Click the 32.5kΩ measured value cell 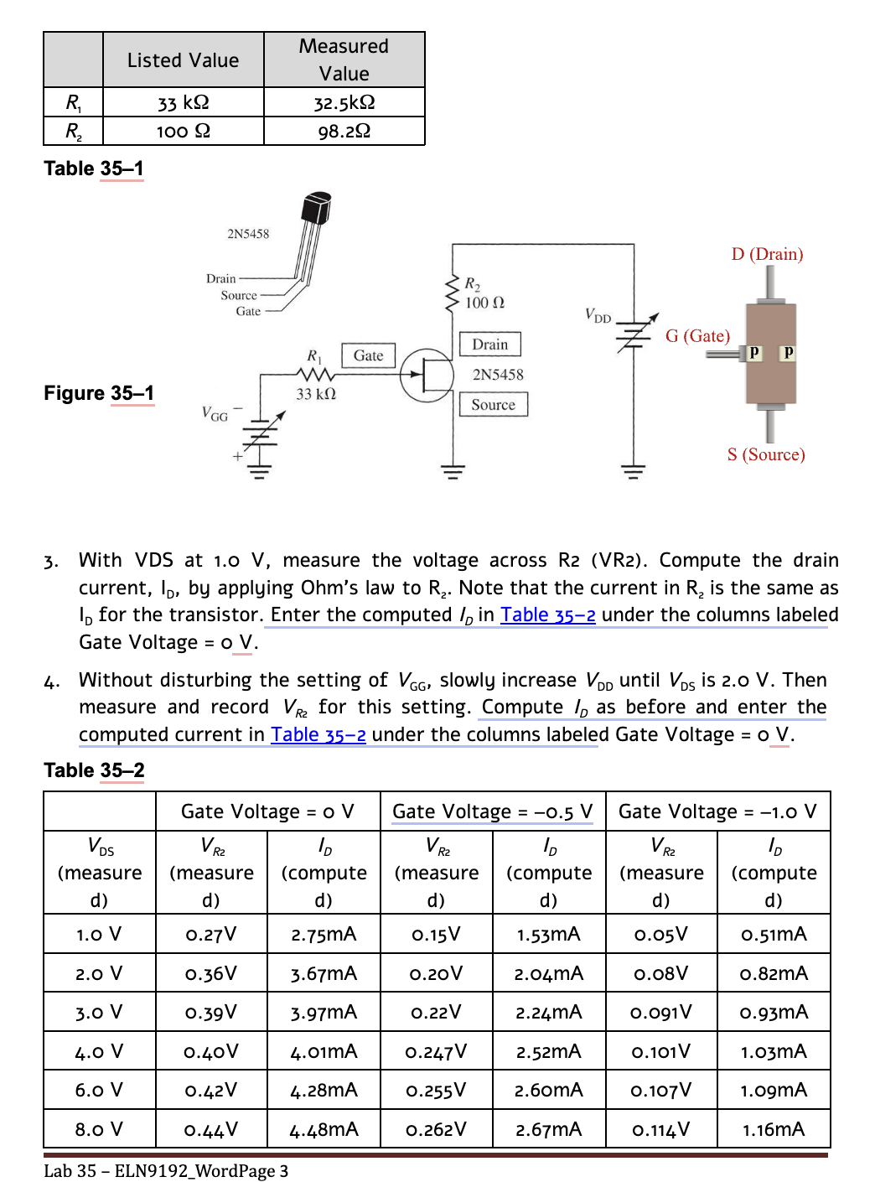(344, 102)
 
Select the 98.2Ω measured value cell (344, 131)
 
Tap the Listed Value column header (183, 60)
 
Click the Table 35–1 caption (94, 168)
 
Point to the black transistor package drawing (316, 210)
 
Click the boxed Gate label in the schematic (368, 355)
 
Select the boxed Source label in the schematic (493, 405)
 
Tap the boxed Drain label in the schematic (489, 345)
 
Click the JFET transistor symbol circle (427, 376)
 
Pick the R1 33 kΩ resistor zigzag (316, 374)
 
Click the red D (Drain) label (767, 254)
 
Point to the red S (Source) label (766, 454)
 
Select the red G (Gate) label (697, 336)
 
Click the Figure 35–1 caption (99, 393)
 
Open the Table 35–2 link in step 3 (548, 615)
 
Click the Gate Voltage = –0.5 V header (493, 811)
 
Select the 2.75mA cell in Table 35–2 (324, 934)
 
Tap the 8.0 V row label (99, 1129)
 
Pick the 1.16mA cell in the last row (773, 1129)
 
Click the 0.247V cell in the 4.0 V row (436, 1051)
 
